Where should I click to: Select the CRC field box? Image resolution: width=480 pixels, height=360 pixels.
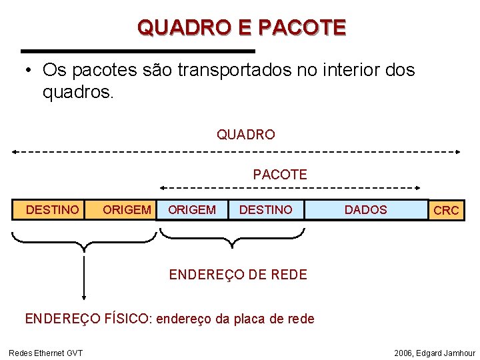[446, 210]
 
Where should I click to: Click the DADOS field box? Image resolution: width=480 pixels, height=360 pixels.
[365, 210]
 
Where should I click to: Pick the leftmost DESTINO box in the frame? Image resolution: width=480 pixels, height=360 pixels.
[52, 210]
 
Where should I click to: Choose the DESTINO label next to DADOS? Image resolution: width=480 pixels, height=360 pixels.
[265, 210]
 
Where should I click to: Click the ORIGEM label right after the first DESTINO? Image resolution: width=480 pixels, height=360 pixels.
[127, 210]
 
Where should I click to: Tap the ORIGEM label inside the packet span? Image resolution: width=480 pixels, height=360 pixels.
[192, 210]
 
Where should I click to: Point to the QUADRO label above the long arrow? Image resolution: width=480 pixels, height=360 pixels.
[245, 135]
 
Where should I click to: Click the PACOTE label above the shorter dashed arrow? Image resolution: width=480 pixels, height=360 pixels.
[280, 175]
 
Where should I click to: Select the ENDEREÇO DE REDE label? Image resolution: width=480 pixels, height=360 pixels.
[238, 274]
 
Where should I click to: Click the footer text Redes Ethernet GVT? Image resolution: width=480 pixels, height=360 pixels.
[45, 353]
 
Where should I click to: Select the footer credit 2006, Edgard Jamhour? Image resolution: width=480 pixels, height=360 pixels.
[435, 353]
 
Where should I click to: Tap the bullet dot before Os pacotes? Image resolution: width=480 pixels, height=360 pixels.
[29, 71]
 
